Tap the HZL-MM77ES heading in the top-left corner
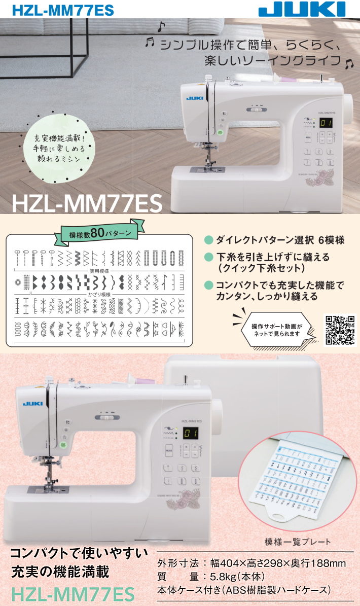point(56,10)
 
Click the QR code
point(341,330)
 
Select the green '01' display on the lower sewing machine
point(191,433)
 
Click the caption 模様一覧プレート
point(298,542)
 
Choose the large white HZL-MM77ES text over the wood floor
point(87,203)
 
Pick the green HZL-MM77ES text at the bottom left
point(73,593)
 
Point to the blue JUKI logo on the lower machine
point(29,403)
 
